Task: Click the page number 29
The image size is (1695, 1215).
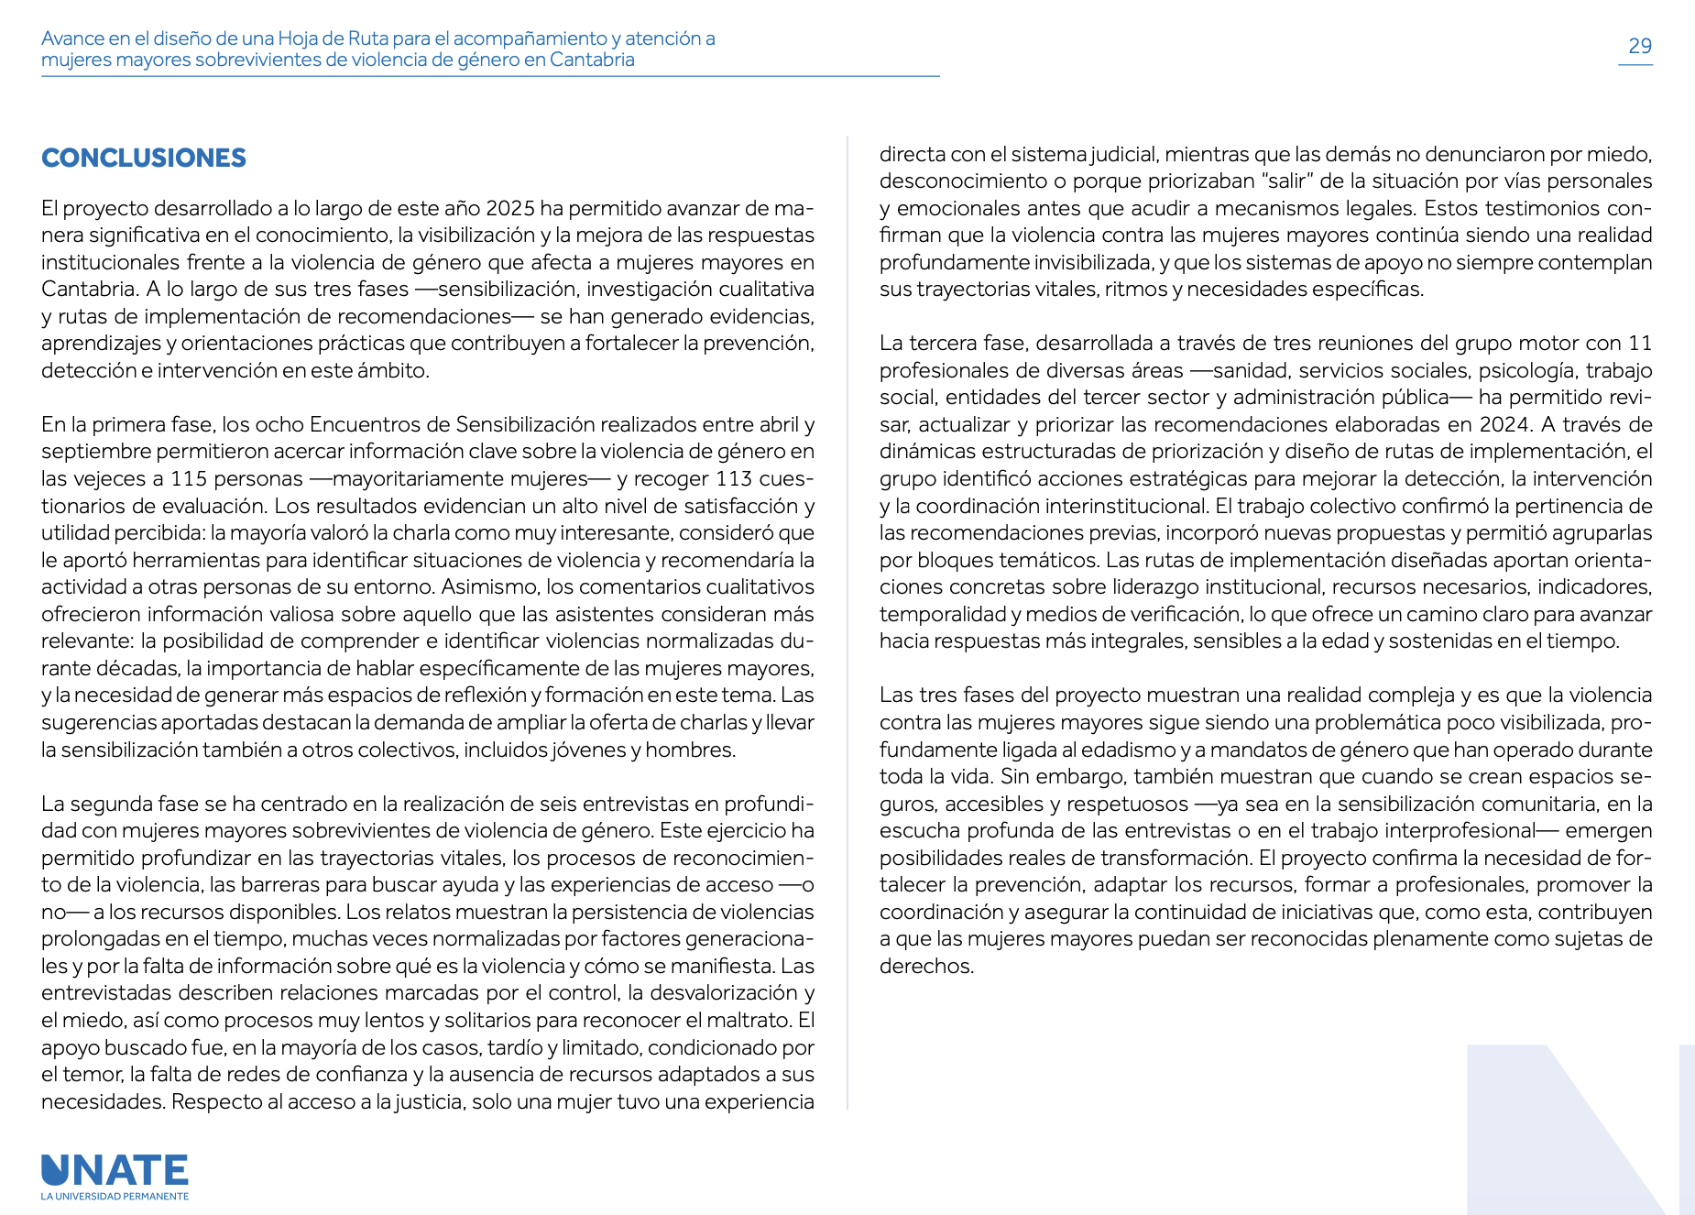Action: coord(1639,46)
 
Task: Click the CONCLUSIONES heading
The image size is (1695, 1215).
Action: coord(144,158)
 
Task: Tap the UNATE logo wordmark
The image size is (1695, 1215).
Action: coord(115,1170)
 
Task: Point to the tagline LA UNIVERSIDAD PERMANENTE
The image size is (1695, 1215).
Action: coord(115,1197)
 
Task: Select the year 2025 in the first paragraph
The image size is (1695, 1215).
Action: coord(509,208)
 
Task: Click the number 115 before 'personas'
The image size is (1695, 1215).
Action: coord(189,478)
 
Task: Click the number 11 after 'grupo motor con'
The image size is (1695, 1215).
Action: coord(1639,343)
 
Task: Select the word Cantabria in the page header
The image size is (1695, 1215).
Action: coord(592,60)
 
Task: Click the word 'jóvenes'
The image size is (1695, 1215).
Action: coord(588,750)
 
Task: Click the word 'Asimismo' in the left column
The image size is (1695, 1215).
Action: coord(490,586)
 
